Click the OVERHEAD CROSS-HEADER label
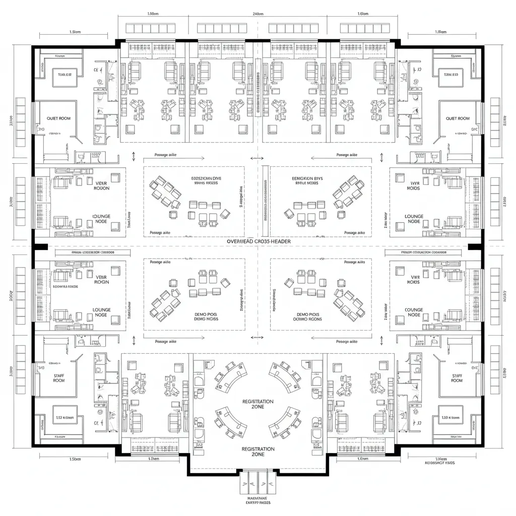pos(258,242)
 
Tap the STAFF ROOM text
pos(59,378)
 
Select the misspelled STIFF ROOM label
pos(457,378)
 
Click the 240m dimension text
pos(257,14)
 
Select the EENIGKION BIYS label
pos(307,178)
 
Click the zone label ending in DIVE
pos(206,178)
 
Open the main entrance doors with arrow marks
pos(257,482)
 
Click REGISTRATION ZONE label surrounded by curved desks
pos(257,404)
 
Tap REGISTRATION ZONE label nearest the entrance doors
pos(257,451)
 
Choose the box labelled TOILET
pos(64,75)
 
